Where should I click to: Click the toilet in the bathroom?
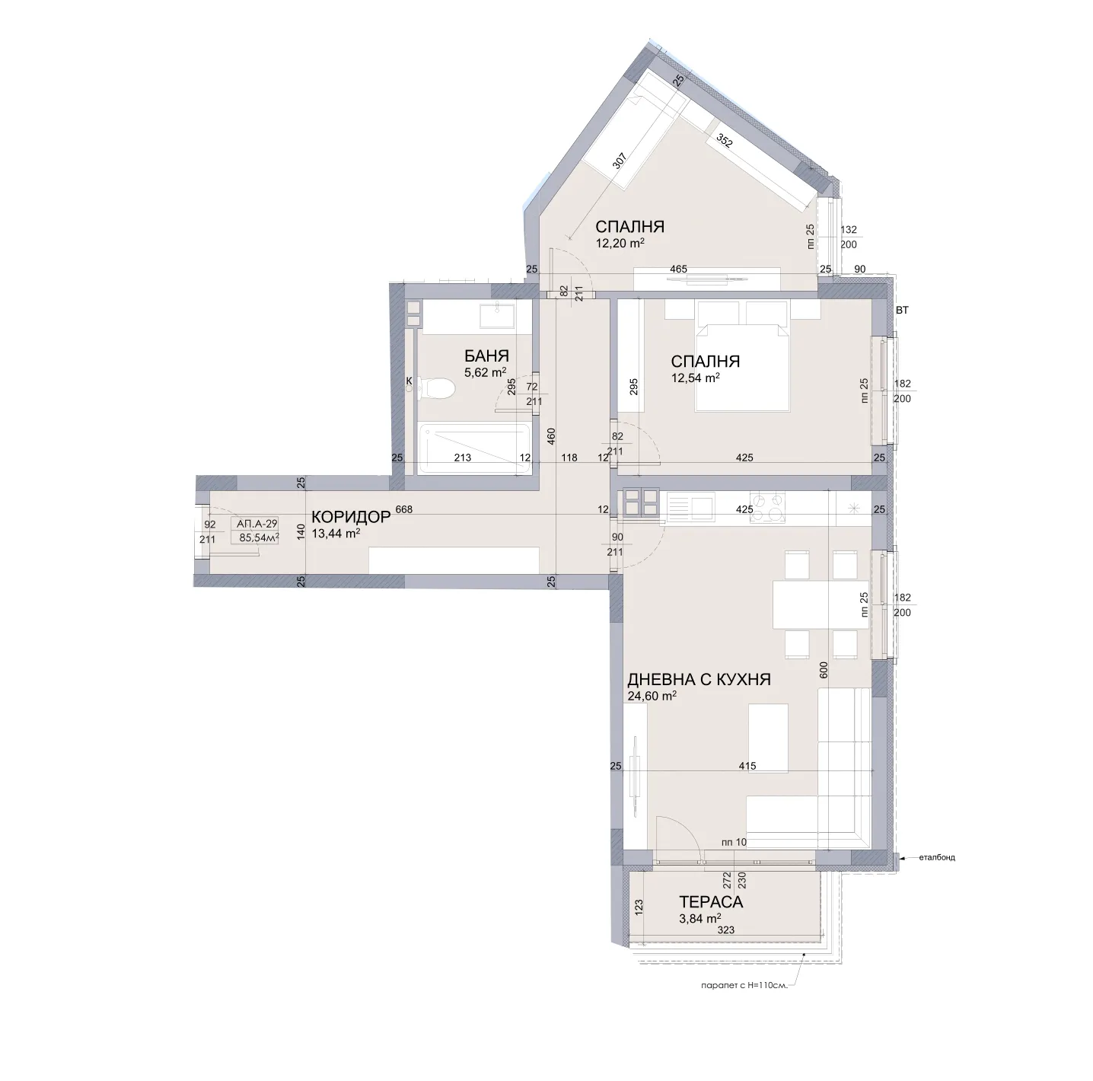tap(436, 389)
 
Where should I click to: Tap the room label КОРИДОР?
tap(351, 517)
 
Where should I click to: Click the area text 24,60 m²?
tap(652, 696)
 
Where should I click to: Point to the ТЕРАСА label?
tap(710, 902)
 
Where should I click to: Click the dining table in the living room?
tap(820, 604)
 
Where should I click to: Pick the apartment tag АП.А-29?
tap(257, 524)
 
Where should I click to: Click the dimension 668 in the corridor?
tap(404, 509)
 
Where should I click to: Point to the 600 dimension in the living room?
tap(823, 670)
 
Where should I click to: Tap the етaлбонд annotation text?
tap(936, 857)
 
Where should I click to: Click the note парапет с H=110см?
tap(742, 985)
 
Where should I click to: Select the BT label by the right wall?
tap(902, 311)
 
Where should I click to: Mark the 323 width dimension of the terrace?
tap(726, 930)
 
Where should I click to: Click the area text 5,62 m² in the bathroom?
tap(485, 372)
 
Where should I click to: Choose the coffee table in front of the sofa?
tap(767, 737)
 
